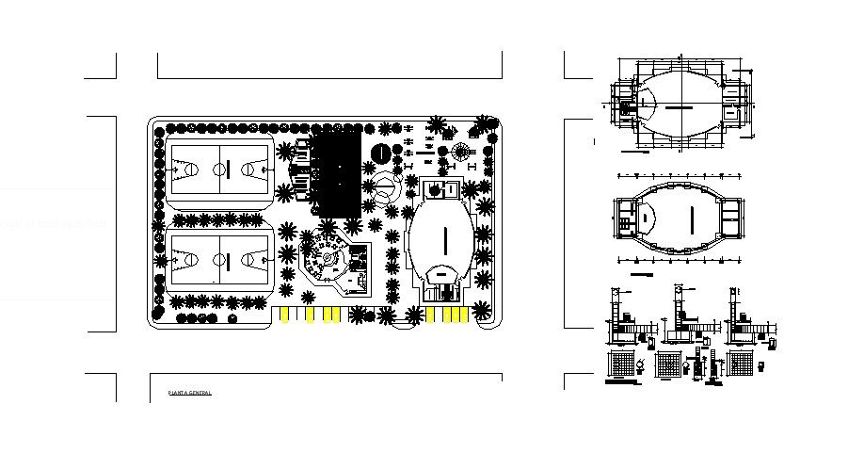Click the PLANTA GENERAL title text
pos(190,392)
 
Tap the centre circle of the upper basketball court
pos(219,170)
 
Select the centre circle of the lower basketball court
pos(219,257)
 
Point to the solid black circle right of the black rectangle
pos(381,154)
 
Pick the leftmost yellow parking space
pos(284,314)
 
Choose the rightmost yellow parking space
pos(461,315)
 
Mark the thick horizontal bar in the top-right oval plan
pos(676,108)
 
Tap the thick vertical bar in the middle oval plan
pos(693,218)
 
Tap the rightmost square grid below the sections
pos(741,364)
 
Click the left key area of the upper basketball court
pos(185,170)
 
